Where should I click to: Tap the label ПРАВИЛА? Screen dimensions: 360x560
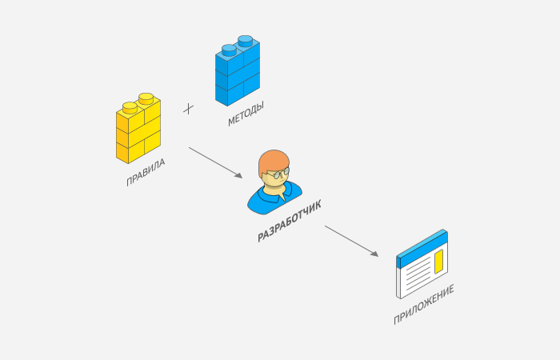click(x=146, y=173)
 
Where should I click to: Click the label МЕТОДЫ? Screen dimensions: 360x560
click(x=246, y=114)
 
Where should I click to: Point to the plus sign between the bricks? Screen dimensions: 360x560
click(x=189, y=108)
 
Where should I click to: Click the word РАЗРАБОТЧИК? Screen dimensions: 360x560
click(x=290, y=222)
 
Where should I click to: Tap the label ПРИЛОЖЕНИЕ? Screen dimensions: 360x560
click(x=423, y=306)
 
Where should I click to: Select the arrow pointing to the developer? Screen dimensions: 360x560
click(x=215, y=162)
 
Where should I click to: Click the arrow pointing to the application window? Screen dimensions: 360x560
click(x=351, y=241)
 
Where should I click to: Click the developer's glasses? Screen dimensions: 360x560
click(x=279, y=173)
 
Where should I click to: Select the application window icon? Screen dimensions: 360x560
click(x=422, y=264)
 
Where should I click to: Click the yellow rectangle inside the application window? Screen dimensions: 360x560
click(x=438, y=260)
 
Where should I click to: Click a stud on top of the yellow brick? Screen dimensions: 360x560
click(x=146, y=98)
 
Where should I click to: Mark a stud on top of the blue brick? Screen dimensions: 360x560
click(x=245, y=39)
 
